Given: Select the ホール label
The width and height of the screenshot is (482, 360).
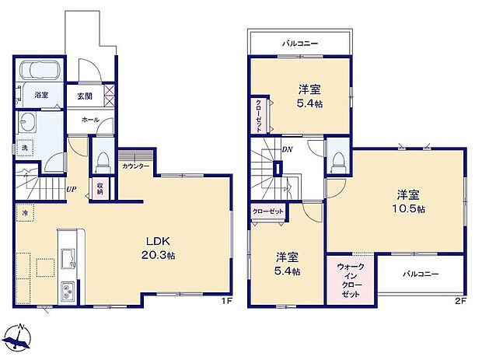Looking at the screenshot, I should [89, 121].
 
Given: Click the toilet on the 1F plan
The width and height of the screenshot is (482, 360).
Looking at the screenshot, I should [102, 159].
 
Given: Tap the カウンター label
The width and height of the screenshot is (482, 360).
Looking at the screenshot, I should [135, 166].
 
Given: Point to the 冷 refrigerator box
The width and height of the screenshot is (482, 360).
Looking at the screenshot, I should [24, 211].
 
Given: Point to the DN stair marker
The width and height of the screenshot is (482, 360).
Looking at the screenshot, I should [287, 149].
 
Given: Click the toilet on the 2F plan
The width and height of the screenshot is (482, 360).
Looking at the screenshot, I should [337, 160].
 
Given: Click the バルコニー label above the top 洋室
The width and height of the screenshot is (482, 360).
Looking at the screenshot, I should [299, 44].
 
